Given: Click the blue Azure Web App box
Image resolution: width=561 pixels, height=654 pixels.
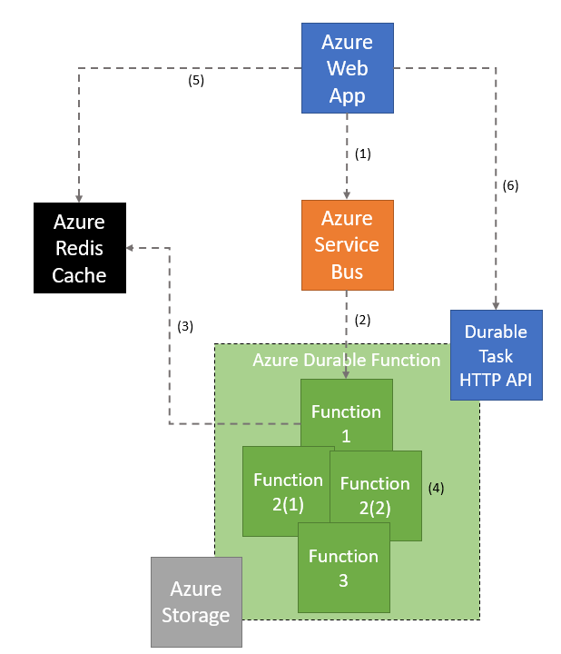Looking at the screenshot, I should click(x=347, y=68).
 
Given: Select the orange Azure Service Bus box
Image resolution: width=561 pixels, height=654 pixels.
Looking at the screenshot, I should click(x=347, y=245).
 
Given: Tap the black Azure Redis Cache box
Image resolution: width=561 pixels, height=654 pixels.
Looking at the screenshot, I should click(x=79, y=248).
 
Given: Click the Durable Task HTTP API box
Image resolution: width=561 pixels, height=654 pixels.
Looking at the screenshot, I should click(x=496, y=355).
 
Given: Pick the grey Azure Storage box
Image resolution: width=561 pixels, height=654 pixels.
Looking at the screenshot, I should click(x=196, y=602).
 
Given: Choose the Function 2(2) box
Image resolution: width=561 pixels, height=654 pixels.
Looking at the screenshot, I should click(x=376, y=495).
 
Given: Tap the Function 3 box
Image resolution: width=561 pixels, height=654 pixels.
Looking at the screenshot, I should click(x=344, y=567).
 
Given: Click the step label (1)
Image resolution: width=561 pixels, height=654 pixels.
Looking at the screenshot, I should click(x=363, y=154).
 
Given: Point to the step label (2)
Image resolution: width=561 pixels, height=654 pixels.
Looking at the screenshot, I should click(x=363, y=320).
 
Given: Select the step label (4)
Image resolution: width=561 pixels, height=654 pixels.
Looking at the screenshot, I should click(x=436, y=487).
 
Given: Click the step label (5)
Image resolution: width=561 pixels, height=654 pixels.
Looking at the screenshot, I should click(x=195, y=80).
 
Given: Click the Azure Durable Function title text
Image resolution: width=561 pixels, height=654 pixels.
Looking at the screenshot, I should click(x=346, y=361).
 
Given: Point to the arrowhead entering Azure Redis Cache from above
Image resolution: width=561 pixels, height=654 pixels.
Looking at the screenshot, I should click(x=79, y=197).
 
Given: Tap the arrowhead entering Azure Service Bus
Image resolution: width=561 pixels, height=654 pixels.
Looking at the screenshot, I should click(x=347, y=194).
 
